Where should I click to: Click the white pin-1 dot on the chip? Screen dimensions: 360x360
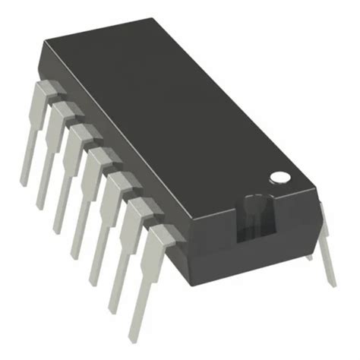(x=280, y=177)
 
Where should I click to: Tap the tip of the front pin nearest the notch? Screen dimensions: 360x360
(x=134, y=333)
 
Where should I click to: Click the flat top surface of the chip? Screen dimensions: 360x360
(x=175, y=114)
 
